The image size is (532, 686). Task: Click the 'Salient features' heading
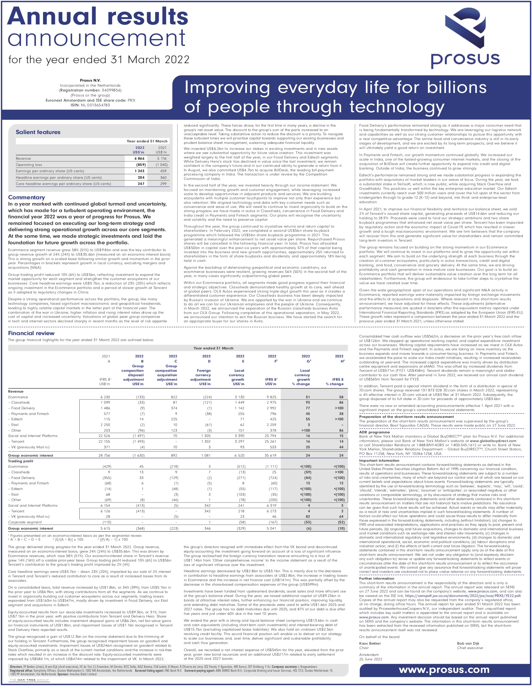point(38,132)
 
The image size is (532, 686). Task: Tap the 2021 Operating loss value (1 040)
point(161,165)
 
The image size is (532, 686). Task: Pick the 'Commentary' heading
point(27,197)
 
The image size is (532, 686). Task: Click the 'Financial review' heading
point(31,333)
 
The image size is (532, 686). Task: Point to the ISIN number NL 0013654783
point(95,105)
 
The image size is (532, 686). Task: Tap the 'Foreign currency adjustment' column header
point(203,375)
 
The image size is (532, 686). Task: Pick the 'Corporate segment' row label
point(25,522)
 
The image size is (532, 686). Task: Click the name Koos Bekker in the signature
point(370,643)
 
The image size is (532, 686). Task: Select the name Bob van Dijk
point(468,643)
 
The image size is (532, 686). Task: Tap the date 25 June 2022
point(371,659)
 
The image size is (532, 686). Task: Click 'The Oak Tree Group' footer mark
point(29,680)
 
